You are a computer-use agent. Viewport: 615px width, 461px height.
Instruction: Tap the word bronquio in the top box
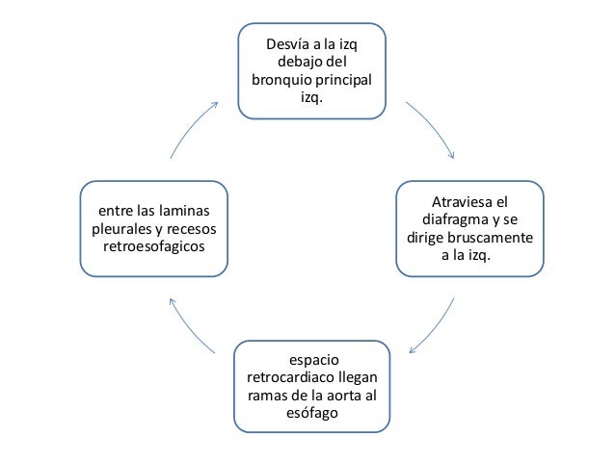click(x=280, y=80)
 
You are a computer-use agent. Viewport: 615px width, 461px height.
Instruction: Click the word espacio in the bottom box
click(x=313, y=359)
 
